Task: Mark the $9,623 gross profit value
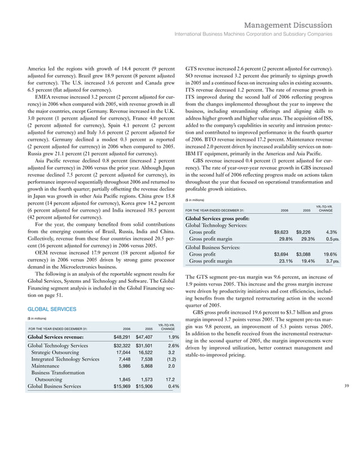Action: (x=284, y=232)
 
